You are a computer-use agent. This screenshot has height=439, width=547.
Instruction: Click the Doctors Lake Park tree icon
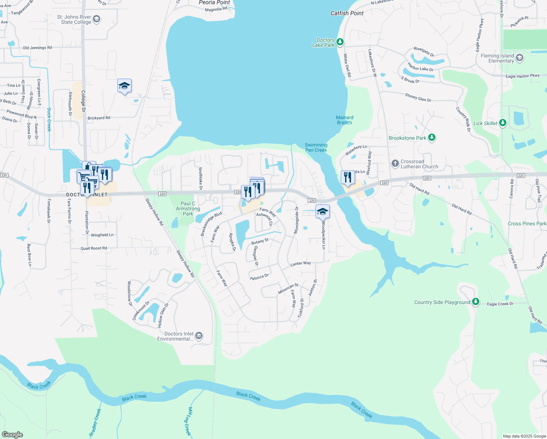click(x=340, y=42)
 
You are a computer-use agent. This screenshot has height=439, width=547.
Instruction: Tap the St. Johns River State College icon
click(x=97, y=19)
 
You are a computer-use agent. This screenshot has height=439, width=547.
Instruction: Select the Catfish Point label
click(x=347, y=13)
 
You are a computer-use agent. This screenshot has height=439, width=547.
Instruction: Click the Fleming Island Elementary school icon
click(x=520, y=58)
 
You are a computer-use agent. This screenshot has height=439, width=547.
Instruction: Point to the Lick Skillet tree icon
click(x=503, y=123)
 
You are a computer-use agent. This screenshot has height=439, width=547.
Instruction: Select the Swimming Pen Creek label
click(x=316, y=147)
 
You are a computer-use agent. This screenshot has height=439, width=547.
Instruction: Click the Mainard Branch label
click(x=344, y=120)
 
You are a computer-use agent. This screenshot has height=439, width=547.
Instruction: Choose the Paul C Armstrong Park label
click(x=188, y=209)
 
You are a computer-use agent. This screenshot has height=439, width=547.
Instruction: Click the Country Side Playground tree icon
click(x=475, y=302)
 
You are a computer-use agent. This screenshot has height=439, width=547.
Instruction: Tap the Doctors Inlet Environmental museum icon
click(x=199, y=336)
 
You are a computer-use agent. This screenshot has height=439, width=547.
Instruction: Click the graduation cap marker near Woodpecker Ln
click(x=322, y=212)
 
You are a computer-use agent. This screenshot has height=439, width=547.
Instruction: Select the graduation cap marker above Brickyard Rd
click(x=124, y=86)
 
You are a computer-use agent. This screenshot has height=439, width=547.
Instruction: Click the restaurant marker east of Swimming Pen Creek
click(x=347, y=177)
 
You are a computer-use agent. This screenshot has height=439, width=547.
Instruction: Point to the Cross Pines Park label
click(x=527, y=224)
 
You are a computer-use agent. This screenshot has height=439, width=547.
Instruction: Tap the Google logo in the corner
click(x=12, y=435)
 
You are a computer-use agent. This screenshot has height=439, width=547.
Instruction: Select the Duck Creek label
click(x=49, y=119)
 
